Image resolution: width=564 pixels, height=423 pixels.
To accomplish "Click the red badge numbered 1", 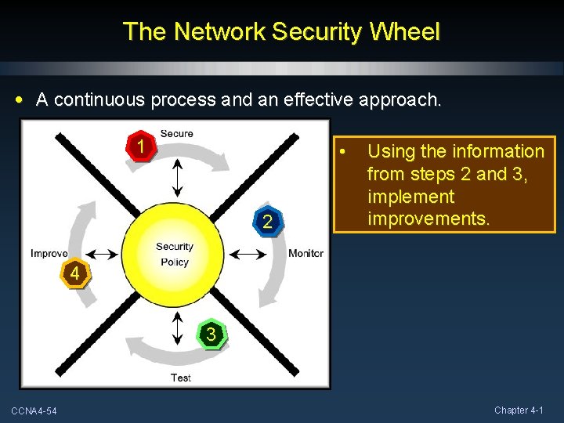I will [x=139, y=146].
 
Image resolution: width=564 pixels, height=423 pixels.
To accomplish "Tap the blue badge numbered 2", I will [x=267, y=222].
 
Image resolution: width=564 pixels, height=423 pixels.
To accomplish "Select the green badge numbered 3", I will [x=210, y=334].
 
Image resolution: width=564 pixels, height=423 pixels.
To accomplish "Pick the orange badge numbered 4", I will [x=74, y=274].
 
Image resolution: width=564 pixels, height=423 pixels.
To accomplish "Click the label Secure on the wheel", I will [x=176, y=133].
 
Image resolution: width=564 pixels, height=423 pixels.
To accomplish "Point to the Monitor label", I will [x=305, y=253].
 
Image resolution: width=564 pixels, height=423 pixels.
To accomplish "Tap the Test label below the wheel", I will [x=180, y=378].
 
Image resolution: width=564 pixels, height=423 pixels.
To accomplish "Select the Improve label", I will [x=49, y=253].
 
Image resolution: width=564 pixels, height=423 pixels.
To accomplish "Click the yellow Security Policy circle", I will [x=174, y=254].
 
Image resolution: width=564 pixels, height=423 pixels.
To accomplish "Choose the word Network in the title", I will [x=221, y=31].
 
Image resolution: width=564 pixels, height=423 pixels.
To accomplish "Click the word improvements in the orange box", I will [x=428, y=219].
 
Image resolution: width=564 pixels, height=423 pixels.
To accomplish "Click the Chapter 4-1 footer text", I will [x=524, y=410].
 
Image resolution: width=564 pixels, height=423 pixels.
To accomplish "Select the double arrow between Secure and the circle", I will [x=178, y=177].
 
